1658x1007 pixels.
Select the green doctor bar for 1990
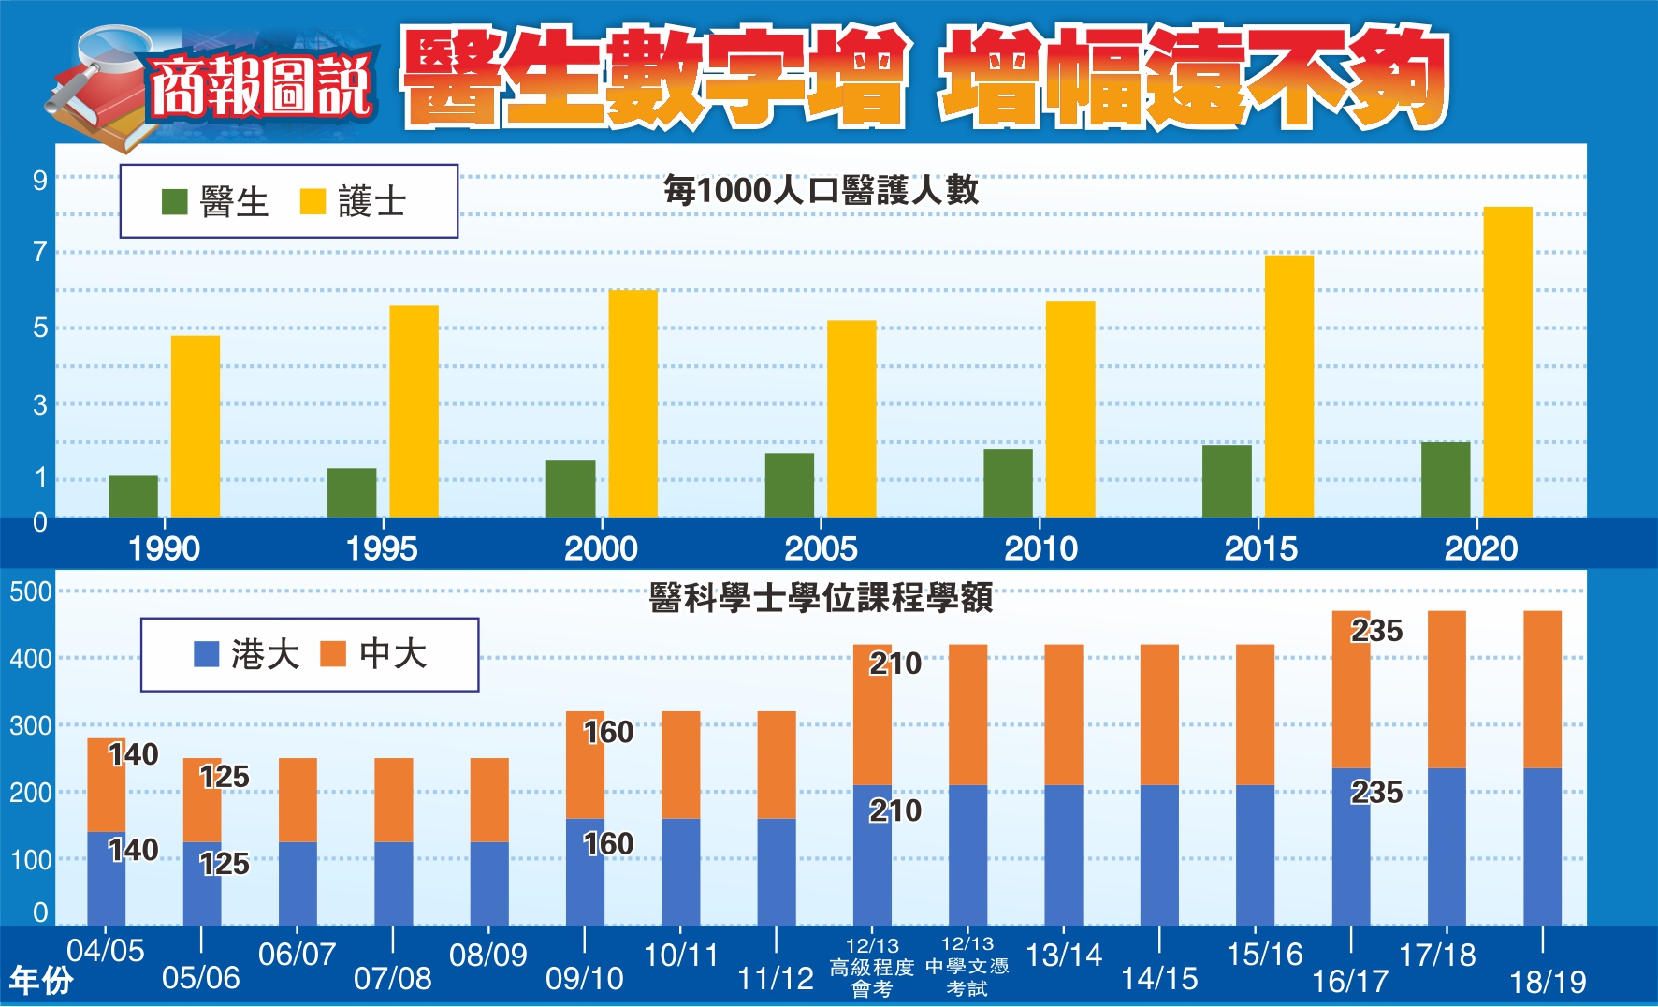point(133,496)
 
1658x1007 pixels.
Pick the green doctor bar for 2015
point(1227,481)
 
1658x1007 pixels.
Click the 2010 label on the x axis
point(1040,548)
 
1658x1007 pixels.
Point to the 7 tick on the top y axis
point(39,252)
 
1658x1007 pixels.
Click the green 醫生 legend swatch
point(175,201)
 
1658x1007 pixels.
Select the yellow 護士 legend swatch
point(313,201)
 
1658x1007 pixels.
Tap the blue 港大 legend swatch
point(206,653)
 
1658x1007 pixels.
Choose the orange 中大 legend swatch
point(333,653)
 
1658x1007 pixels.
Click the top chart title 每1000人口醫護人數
point(821,190)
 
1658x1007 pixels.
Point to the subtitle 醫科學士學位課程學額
point(821,597)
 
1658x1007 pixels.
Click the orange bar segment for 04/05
point(106,784)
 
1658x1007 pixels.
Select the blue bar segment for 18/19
point(1542,846)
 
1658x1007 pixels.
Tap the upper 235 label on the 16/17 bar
point(1376,631)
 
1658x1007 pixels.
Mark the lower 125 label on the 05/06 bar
point(225,863)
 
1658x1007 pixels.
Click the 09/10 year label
point(584,979)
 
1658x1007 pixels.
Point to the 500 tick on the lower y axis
point(31,591)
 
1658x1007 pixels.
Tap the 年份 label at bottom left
point(41,980)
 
